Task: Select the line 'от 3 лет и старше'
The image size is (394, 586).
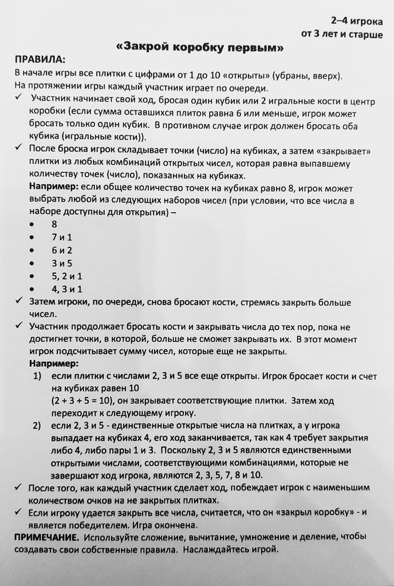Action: click(x=342, y=34)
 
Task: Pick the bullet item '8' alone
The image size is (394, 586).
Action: click(x=54, y=224)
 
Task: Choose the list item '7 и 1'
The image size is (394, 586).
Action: click(x=61, y=237)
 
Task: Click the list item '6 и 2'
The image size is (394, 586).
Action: click(x=61, y=250)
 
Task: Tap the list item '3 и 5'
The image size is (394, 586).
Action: click(x=61, y=263)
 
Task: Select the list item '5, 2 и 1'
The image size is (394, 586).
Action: click(x=66, y=276)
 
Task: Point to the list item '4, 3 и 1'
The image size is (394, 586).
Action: click(x=66, y=290)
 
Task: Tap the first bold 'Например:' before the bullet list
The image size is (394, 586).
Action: click(x=54, y=187)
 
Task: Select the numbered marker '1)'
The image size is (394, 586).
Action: click(x=37, y=376)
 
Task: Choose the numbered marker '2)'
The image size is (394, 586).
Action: click(x=37, y=425)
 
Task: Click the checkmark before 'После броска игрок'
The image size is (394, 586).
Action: click(x=19, y=150)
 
